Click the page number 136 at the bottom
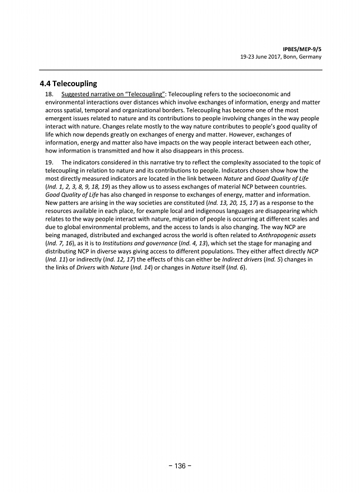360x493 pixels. [179, 466]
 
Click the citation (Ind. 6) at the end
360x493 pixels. [236, 268]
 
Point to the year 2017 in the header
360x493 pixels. [262, 58]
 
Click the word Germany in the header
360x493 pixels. [307, 58]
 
